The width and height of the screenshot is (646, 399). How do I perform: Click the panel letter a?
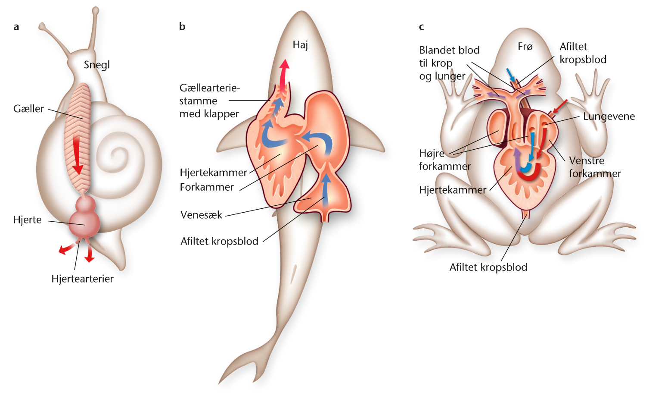click(16, 27)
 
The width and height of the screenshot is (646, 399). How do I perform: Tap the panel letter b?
click(182, 26)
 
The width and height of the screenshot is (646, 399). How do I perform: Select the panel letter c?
click(421, 27)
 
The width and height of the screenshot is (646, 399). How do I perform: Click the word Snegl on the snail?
click(96, 65)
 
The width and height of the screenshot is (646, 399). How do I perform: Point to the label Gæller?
click(28, 109)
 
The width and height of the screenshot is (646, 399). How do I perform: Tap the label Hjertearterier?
click(83, 279)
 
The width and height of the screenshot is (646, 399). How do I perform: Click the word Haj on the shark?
click(300, 45)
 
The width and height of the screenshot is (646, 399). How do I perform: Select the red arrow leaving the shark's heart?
click(284, 75)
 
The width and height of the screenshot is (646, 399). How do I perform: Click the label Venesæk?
click(201, 215)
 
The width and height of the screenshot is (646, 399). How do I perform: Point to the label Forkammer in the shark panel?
click(206, 187)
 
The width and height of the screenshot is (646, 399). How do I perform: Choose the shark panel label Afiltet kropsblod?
click(219, 241)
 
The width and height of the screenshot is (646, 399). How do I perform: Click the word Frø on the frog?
click(525, 46)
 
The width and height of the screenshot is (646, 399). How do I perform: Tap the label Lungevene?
click(609, 116)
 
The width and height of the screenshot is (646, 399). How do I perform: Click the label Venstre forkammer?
click(595, 167)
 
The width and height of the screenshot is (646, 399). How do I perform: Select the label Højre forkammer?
click(445, 160)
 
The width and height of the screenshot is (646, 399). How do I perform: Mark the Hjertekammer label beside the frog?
click(453, 190)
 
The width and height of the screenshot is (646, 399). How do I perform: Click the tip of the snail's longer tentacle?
click(96, 11)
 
